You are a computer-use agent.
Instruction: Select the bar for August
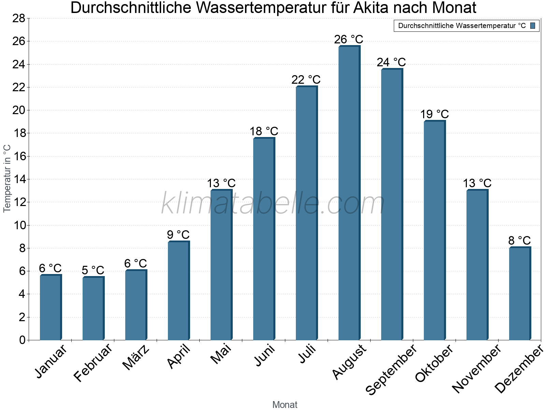pos(349,193)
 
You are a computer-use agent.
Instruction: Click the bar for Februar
pos(93,308)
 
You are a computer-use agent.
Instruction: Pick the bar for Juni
pos(263,239)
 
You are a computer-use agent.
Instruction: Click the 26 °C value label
pos(348,40)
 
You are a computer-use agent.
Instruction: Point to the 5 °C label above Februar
pos(93,270)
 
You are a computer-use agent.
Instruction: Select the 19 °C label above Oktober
pos(434,114)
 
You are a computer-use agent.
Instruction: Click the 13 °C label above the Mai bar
pos(221,183)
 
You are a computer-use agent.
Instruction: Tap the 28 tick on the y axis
pos(19,18)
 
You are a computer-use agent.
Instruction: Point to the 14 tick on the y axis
pos(19,179)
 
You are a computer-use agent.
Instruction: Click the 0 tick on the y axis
pos(22,340)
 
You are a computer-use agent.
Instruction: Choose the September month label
pos(391,370)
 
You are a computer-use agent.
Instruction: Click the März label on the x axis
pos(136,358)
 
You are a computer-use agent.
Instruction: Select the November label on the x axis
pos(477,369)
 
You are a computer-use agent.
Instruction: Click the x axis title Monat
pos(285,405)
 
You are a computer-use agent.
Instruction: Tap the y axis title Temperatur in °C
pos(7,178)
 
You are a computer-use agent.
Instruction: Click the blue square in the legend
pos(533,26)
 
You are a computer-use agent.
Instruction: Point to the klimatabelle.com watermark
pos(273,203)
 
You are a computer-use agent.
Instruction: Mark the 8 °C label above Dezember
pos(519,240)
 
